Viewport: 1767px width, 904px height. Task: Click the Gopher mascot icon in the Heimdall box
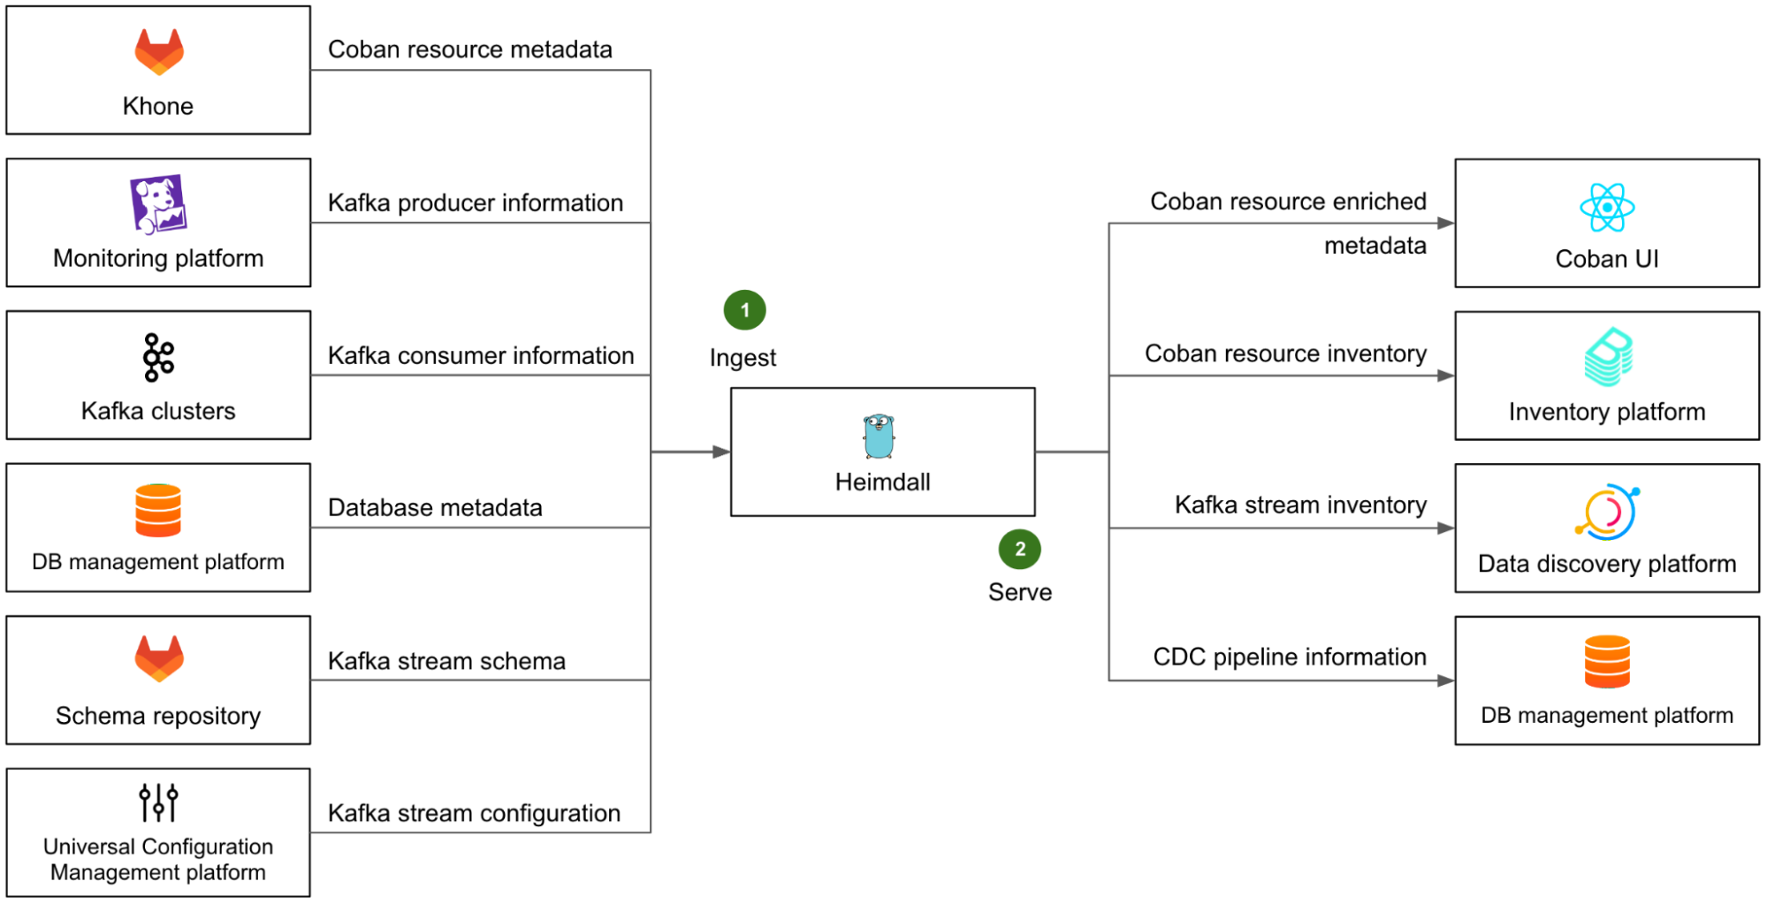[x=879, y=436]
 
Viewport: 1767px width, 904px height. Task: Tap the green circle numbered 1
[x=744, y=310]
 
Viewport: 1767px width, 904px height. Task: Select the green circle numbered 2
[x=1019, y=549]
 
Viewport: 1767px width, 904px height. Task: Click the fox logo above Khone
[x=159, y=51]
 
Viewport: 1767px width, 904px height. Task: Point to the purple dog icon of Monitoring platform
[x=158, y=204]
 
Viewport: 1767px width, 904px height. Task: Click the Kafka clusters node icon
[x=159, y=357]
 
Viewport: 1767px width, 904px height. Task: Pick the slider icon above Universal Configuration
[x=158, y=802]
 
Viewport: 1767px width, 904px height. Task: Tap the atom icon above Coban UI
[x=1607, y=208]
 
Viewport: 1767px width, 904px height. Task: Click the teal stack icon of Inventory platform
[x=1608, y=357]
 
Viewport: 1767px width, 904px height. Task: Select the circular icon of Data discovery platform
[x=1607, y=512]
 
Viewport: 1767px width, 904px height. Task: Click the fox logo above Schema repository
[x=159, y=658]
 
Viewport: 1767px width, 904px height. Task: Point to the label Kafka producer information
[x=476, y=203]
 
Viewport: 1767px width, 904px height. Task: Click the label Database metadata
[x=435, y=508]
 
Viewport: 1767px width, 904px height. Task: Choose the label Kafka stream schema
[x=446, y=661]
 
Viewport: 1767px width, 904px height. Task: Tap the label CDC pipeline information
[x=1290, y=657]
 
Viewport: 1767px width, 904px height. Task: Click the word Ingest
[x=743, y=358]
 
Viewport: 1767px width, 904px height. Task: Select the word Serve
[x=1020, y=592]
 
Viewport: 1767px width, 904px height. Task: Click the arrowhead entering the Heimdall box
[x=721, y=452]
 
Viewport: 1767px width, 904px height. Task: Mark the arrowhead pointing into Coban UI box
[x=1445, y=223]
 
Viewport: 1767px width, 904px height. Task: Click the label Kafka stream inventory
[x=1300, y=505]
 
